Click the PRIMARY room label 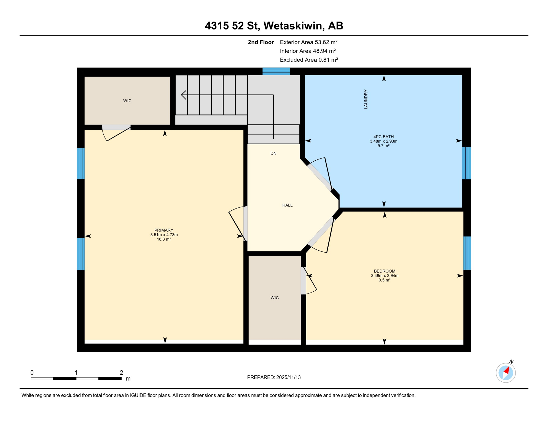click(x=164, y=230)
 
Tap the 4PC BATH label click(x=383, y=137)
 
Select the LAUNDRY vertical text click(x=366, y=99)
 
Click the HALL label click(x=287, y=205)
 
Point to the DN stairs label click(x=273, y=153)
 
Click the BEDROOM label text click(x=384, y=271)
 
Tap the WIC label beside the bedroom click(x=275, y=298)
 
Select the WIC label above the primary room click(x=127, y=101)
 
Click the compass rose click(x=506, y=373)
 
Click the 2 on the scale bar click(x=121, y=373)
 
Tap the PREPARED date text click(x=274, y=377)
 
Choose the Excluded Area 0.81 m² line click(x=309, y=60)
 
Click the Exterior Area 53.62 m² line click(x=308, y=42)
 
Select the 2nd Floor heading click(x=260, y=42)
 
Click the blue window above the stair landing click(x=276, y=71)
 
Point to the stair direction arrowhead click(x=183, y=95)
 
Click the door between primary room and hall click(x=245, y=223)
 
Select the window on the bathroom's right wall click(x=466, y=163)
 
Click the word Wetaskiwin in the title click(x=293, y=26)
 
